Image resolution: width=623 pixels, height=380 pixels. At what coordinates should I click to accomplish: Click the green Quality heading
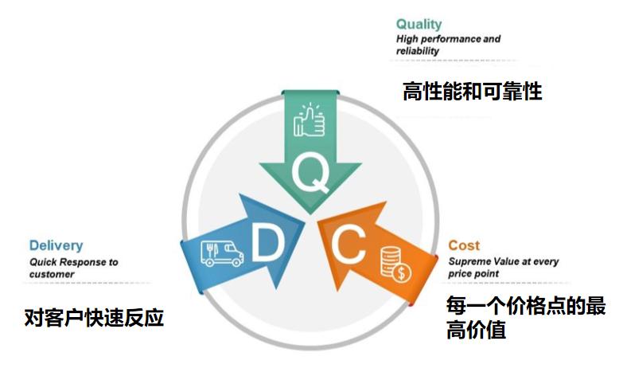click(x=419, y=24)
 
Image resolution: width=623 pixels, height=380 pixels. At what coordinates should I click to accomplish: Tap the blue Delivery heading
click(x=56, y=245)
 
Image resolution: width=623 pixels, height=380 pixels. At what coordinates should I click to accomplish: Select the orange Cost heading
click(x=464, y=245)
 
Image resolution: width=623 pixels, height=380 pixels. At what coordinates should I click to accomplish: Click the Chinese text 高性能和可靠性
click(x=473, y=92)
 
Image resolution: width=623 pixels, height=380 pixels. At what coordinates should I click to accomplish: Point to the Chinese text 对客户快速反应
click(x=94, y=318)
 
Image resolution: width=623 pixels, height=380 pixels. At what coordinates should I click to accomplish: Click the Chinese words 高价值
click(x=477, y=330)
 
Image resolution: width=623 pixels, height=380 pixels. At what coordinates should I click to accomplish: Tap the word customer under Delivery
click(x=52, y=274)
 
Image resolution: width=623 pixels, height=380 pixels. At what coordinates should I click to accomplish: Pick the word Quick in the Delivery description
click(x=45, y=261)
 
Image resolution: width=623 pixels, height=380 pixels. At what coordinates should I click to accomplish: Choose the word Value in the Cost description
click(x=507, y=261)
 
